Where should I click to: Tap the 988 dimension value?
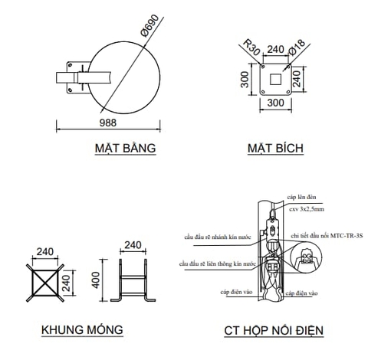pyautogui.click(x=110, y=123)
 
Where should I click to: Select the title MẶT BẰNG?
pyautogui.click(x=127, y=147)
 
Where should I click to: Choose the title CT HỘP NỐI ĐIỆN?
pyautogui.click(x=274, y=331)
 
